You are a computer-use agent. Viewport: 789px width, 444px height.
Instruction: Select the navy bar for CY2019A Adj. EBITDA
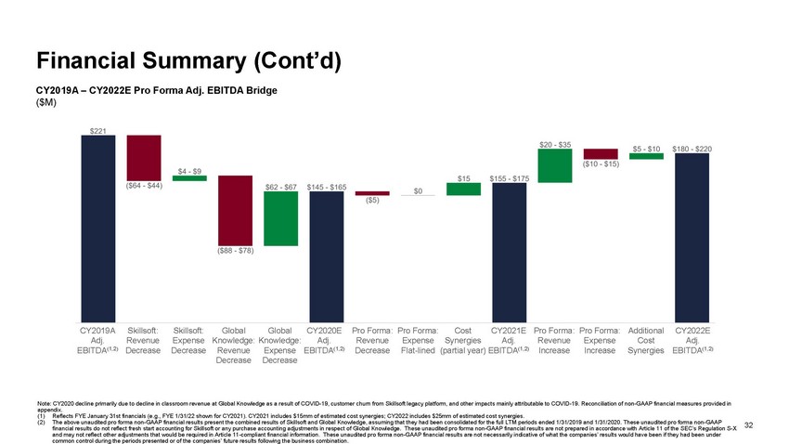97,228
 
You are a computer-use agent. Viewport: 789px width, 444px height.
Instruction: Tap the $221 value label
97,129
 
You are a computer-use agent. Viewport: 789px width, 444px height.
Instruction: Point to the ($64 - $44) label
144,184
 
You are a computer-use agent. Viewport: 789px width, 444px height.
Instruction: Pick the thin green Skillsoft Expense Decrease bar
189,178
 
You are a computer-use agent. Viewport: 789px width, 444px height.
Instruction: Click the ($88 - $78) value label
235,250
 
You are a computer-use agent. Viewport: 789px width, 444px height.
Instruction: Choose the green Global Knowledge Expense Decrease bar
280,219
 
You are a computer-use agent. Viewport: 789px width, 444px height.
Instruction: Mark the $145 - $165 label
326,187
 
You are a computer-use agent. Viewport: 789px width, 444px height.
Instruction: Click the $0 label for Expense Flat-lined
418,191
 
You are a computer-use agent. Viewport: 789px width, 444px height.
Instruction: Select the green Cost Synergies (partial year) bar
463,189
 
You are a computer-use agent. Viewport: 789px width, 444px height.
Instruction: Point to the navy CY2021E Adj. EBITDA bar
509,251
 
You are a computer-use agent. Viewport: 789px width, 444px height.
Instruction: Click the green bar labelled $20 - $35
554,166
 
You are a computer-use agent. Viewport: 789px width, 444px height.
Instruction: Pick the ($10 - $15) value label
601,165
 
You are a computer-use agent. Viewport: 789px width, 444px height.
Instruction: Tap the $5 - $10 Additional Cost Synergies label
646,149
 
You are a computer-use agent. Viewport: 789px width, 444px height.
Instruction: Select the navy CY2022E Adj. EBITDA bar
692,237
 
